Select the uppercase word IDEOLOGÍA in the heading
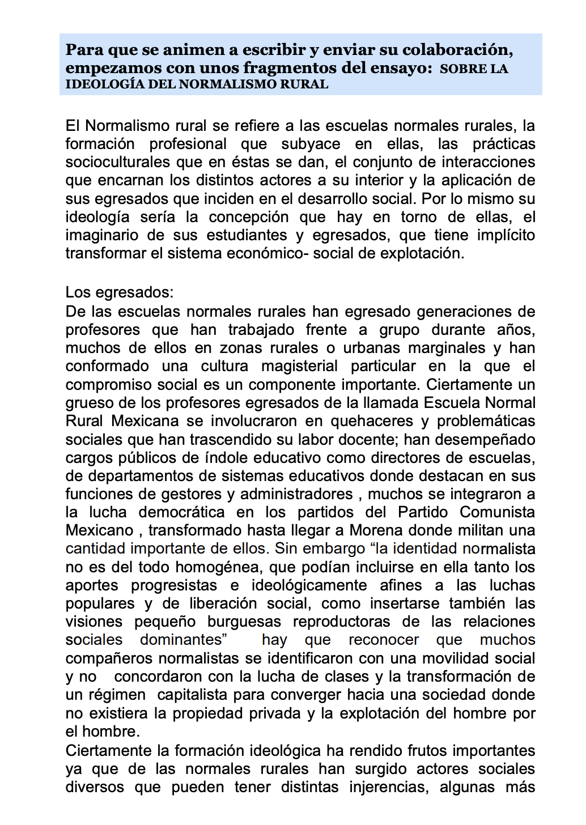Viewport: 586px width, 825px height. pyautogui.click(x=97, y=84)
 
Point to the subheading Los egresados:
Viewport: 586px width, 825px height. pyautogui.click(x=120, y=292)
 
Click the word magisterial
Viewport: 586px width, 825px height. pyautogui.click(x=299, y=366)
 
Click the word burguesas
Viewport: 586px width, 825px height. pyautogui.click(x=244, y=622)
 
